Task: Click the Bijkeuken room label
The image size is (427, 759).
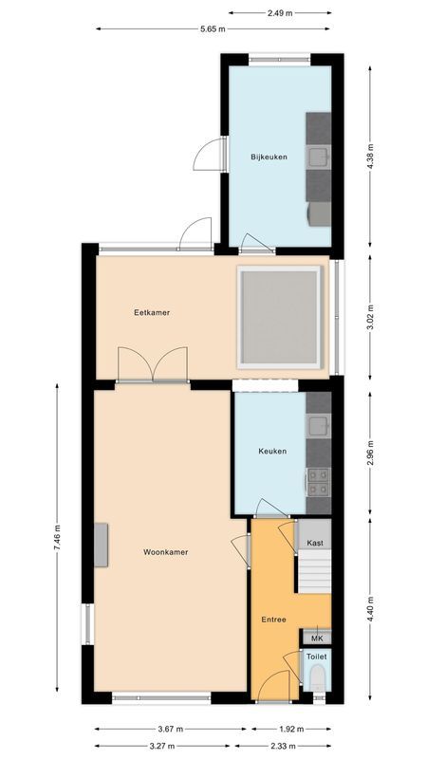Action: coord(269,157)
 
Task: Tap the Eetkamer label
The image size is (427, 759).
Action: coord(152,312)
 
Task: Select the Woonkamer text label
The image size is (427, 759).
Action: coord(165,551)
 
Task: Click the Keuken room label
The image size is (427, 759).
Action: coord(272,452)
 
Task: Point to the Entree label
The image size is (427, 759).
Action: coord(273,620)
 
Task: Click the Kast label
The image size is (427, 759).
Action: coord(315,543)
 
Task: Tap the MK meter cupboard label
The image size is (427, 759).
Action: coord(316,639)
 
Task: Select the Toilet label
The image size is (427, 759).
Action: coord(316,656)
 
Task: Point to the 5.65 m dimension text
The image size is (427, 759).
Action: coord(213,28)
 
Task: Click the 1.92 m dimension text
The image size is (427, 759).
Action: coord(290,729)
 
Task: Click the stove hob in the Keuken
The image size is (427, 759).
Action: coord(319,482)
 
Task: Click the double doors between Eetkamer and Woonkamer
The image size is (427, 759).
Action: coord(153,365)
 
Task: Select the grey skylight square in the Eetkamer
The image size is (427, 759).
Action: coord(279,316)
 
